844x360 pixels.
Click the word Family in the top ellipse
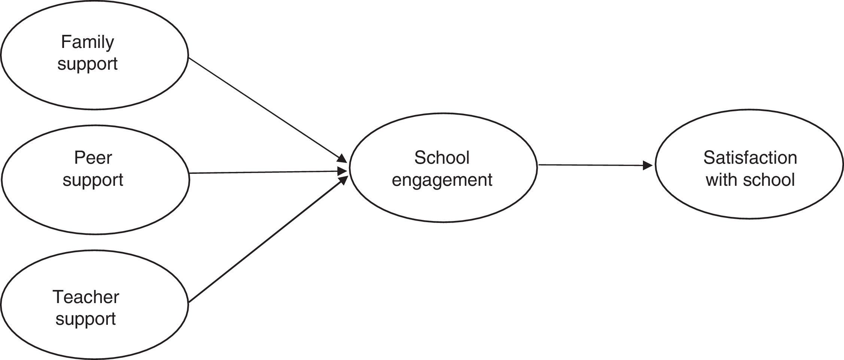(x=87, y=43)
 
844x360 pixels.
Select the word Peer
(x=93, y=158)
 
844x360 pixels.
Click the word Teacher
(x=86, y=297)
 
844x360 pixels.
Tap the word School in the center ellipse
(x=441, y=158)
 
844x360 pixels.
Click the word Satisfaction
(x=750, y=158)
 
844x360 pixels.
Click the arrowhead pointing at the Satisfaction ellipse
(x=649, y=166)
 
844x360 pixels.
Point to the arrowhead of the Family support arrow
(x=342, y=159)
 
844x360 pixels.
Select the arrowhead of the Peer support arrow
(x=343, y=171)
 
